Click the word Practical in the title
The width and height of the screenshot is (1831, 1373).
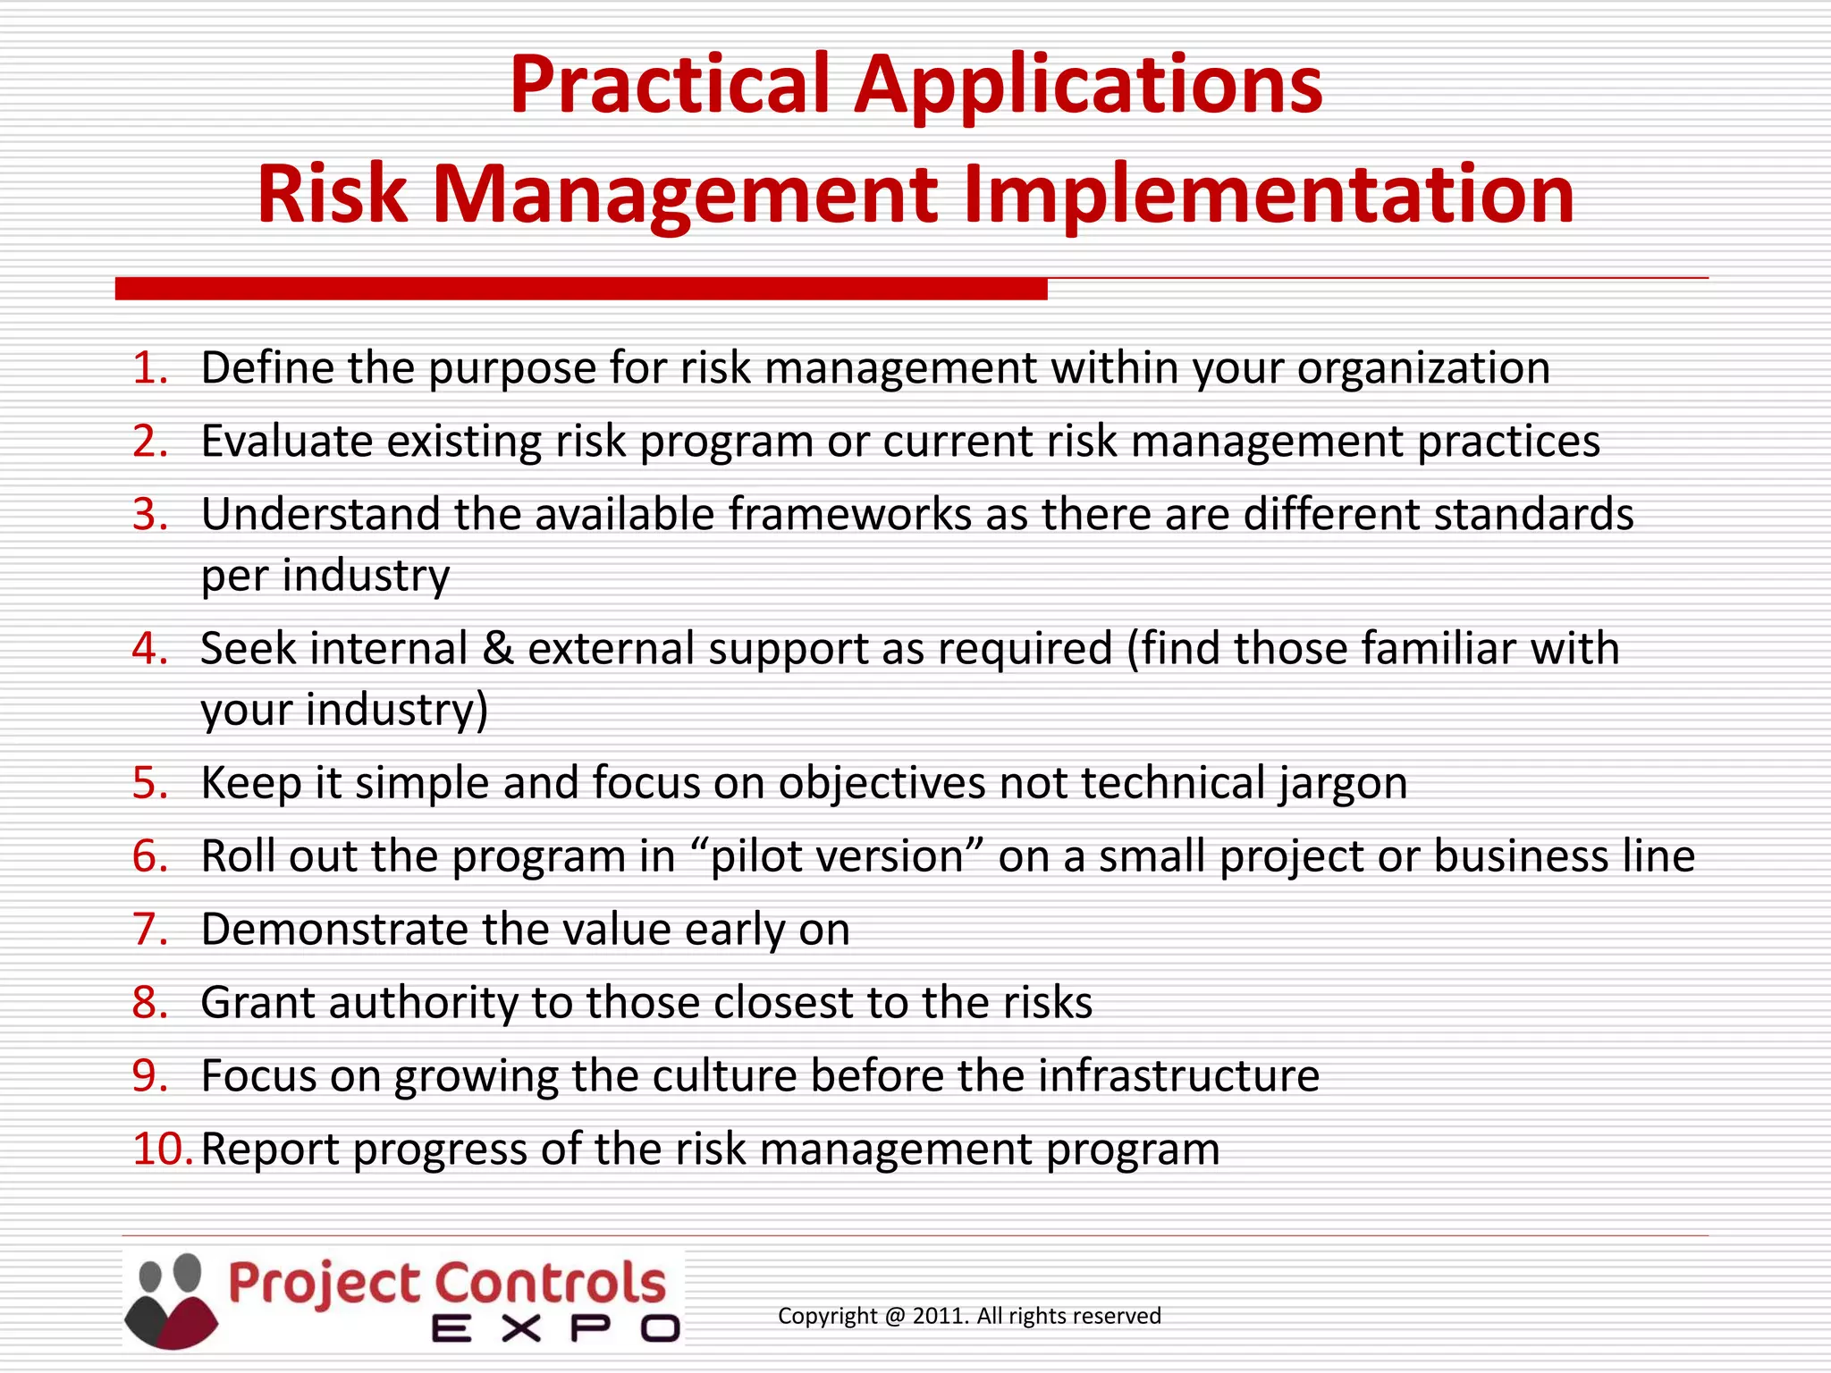[x=671, y=86]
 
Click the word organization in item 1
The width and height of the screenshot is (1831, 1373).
[x=1423, y=368]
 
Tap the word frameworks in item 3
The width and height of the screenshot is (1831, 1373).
[x=849, y=515]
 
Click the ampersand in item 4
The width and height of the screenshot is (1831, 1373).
[x=497, y=649]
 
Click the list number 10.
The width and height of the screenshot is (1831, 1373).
[x=161, y=1150]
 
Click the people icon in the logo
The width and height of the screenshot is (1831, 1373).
[x=172, y=1301]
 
